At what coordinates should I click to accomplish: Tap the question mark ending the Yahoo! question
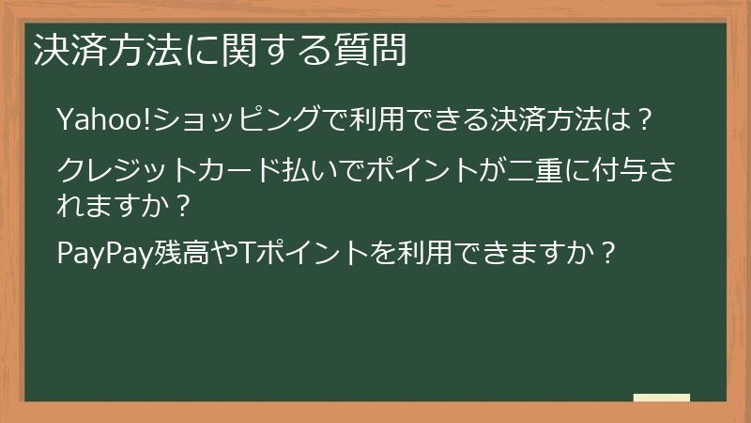(x=644, y=120)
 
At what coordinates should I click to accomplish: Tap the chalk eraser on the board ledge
(x=661, y=398)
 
